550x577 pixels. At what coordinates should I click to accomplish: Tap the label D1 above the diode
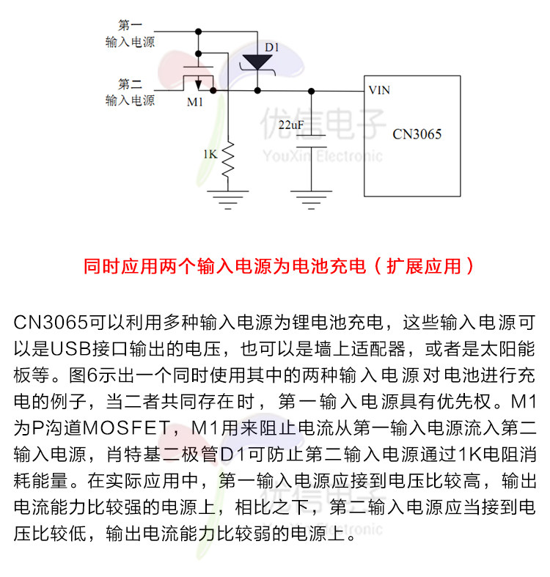pyautogui.click(x=272, y=48)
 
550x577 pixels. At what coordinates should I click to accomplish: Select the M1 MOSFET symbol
pyautogui.click(x=198, y=76)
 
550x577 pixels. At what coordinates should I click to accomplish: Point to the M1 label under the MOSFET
pyautogui.click(x=194, y=102)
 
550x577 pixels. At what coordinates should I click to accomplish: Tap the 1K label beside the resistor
pyautogui.click(x=210, y=155)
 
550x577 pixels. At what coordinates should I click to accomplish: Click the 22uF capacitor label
pyautogui.click(x=291, y=125)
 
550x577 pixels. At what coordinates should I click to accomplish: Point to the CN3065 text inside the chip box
pyautogui.click(x=417, y=134)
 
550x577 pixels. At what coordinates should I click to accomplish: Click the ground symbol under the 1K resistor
pyautogui.click(x=227, y=197)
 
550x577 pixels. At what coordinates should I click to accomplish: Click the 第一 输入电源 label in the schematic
pyautogui.click(x=130, y=34)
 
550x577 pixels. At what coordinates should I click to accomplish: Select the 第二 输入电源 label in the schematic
pyautogui.click(x=130, y=92)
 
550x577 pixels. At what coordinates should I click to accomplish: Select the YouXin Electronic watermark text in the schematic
pyautogui.click(x=323, y=156)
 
